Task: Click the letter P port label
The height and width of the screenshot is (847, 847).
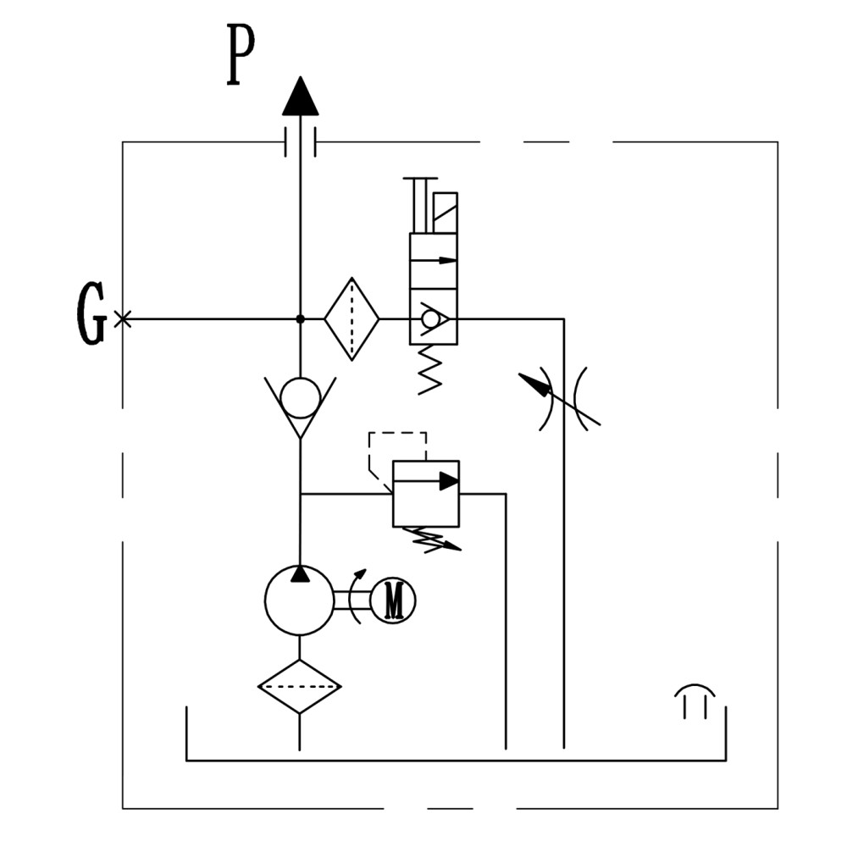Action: pos(240,54)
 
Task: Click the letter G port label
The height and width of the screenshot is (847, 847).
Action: pos(91,313)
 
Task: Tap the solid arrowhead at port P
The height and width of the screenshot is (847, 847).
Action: pos(301,96)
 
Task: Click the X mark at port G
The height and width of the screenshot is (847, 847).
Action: pos(123,319)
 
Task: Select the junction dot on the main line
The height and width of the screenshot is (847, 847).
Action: pos(301,319)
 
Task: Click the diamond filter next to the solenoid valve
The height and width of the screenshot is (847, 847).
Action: pos(352,318)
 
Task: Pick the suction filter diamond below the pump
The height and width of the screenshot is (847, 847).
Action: pos(300,687)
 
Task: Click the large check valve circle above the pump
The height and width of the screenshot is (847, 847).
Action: pos(301,397)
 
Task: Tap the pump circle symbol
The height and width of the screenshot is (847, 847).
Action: pos(300,601)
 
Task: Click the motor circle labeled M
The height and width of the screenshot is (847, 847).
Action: pos(395,601)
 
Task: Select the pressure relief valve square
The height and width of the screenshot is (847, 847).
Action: pos(426,494)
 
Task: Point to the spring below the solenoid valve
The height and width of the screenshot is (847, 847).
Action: pos(430,370)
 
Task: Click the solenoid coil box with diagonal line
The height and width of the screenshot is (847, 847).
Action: pos(446,213)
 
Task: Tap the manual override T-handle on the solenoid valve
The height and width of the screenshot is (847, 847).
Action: pos(420,205)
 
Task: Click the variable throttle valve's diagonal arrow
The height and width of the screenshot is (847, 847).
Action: pos(559,399)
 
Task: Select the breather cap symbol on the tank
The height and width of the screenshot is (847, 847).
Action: pos(695,700)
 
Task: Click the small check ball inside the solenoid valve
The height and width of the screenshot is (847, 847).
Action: pos(430,319)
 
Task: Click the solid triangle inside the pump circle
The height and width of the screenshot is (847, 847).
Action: pos(300,573)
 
